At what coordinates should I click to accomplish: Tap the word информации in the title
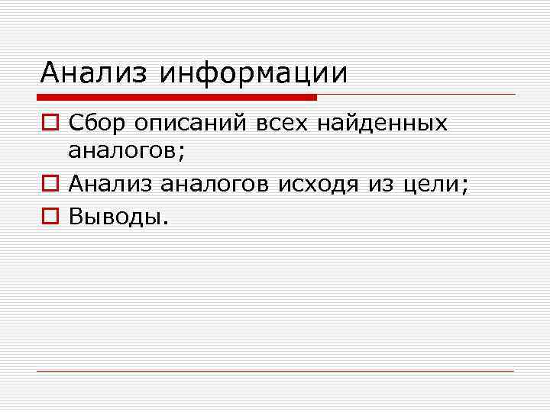pos(254,73)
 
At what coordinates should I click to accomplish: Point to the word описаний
pos(181,123)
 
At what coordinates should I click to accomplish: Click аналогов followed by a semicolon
pos(123,151)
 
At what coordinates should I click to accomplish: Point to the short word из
pos(380,183)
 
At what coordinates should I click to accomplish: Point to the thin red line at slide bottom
pos(275,371)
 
